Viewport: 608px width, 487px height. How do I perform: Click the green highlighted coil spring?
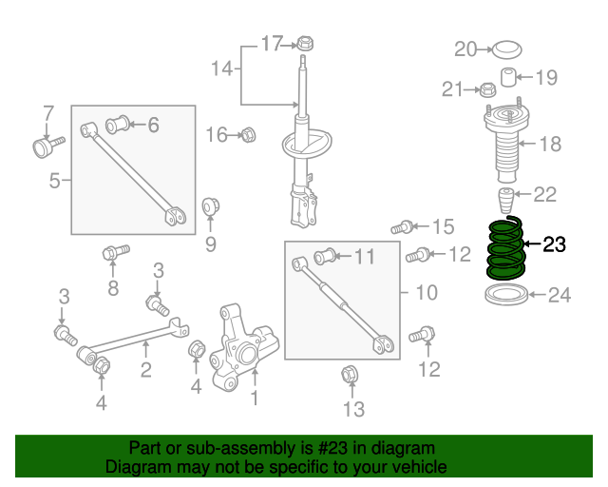(503, 249)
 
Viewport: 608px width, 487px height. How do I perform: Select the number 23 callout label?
(553, 245)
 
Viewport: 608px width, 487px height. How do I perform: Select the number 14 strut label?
(220, 68)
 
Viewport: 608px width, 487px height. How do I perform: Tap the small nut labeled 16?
(248, 135)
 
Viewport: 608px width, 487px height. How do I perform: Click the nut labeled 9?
(212, 206)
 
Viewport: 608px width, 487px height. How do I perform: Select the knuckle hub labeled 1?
(245, 352)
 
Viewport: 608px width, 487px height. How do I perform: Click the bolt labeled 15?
(402, 226)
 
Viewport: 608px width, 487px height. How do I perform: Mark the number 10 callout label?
(427, 292)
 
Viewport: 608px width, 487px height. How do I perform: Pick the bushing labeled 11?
(324, 256)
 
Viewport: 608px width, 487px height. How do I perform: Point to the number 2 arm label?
(145, 370)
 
